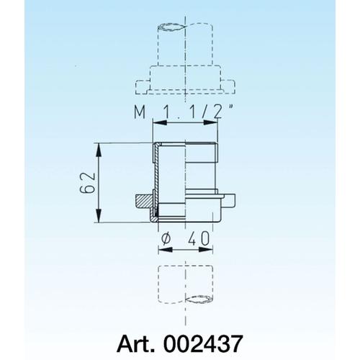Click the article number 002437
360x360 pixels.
(203, 343)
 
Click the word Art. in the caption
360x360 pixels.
(135, 343)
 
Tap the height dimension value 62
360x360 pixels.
(87, 183)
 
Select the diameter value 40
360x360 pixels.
(199, 238)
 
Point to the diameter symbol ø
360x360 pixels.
(166, 239)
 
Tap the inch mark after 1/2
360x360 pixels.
(230, 107)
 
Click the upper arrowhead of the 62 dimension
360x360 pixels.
(99, 150)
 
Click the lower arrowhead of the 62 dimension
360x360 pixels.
(99, 215)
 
